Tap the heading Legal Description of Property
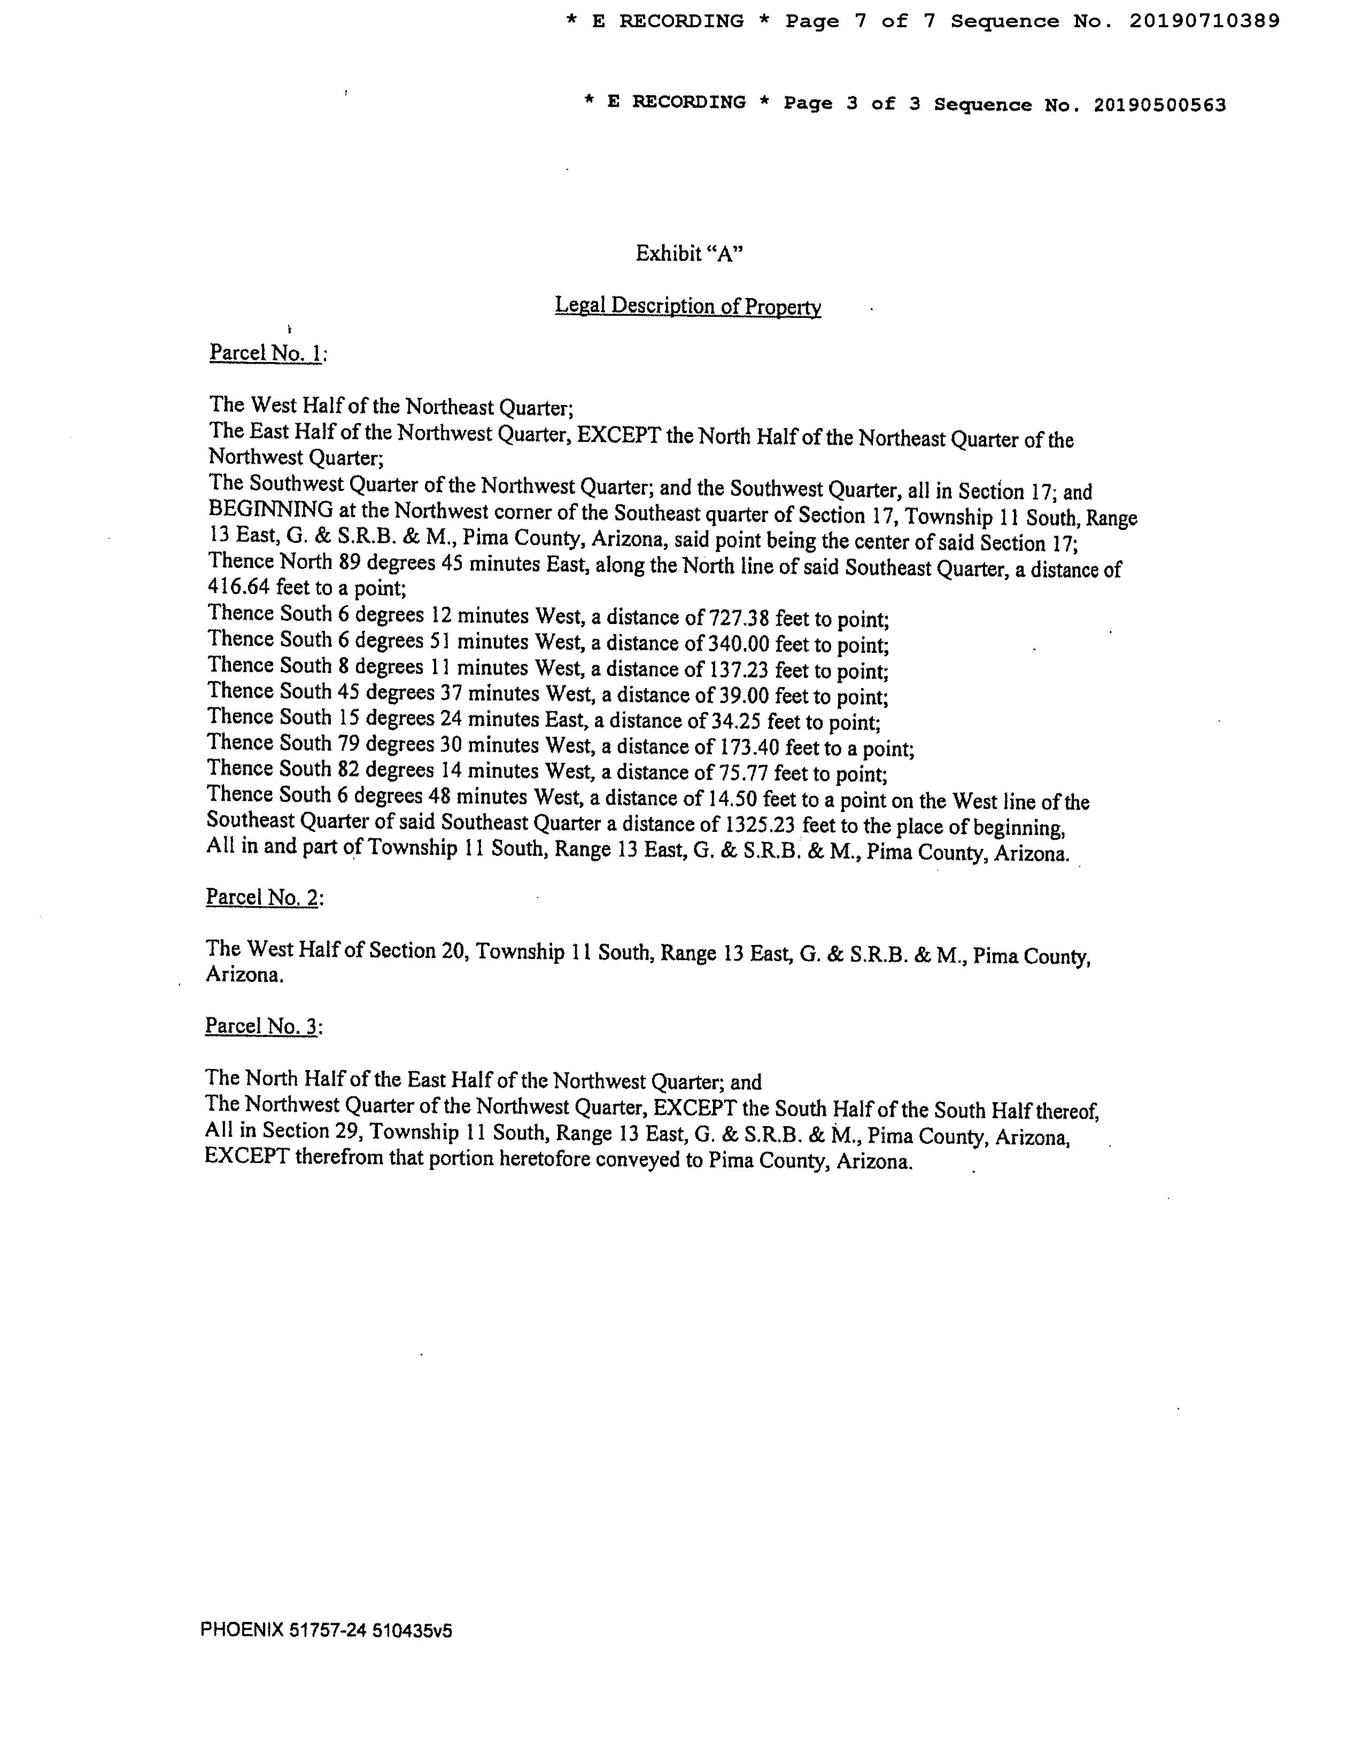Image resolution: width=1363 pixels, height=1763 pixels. [688, 306]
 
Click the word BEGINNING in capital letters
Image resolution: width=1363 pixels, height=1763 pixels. [270, 510]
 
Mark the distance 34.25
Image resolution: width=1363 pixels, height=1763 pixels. [735, 722]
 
